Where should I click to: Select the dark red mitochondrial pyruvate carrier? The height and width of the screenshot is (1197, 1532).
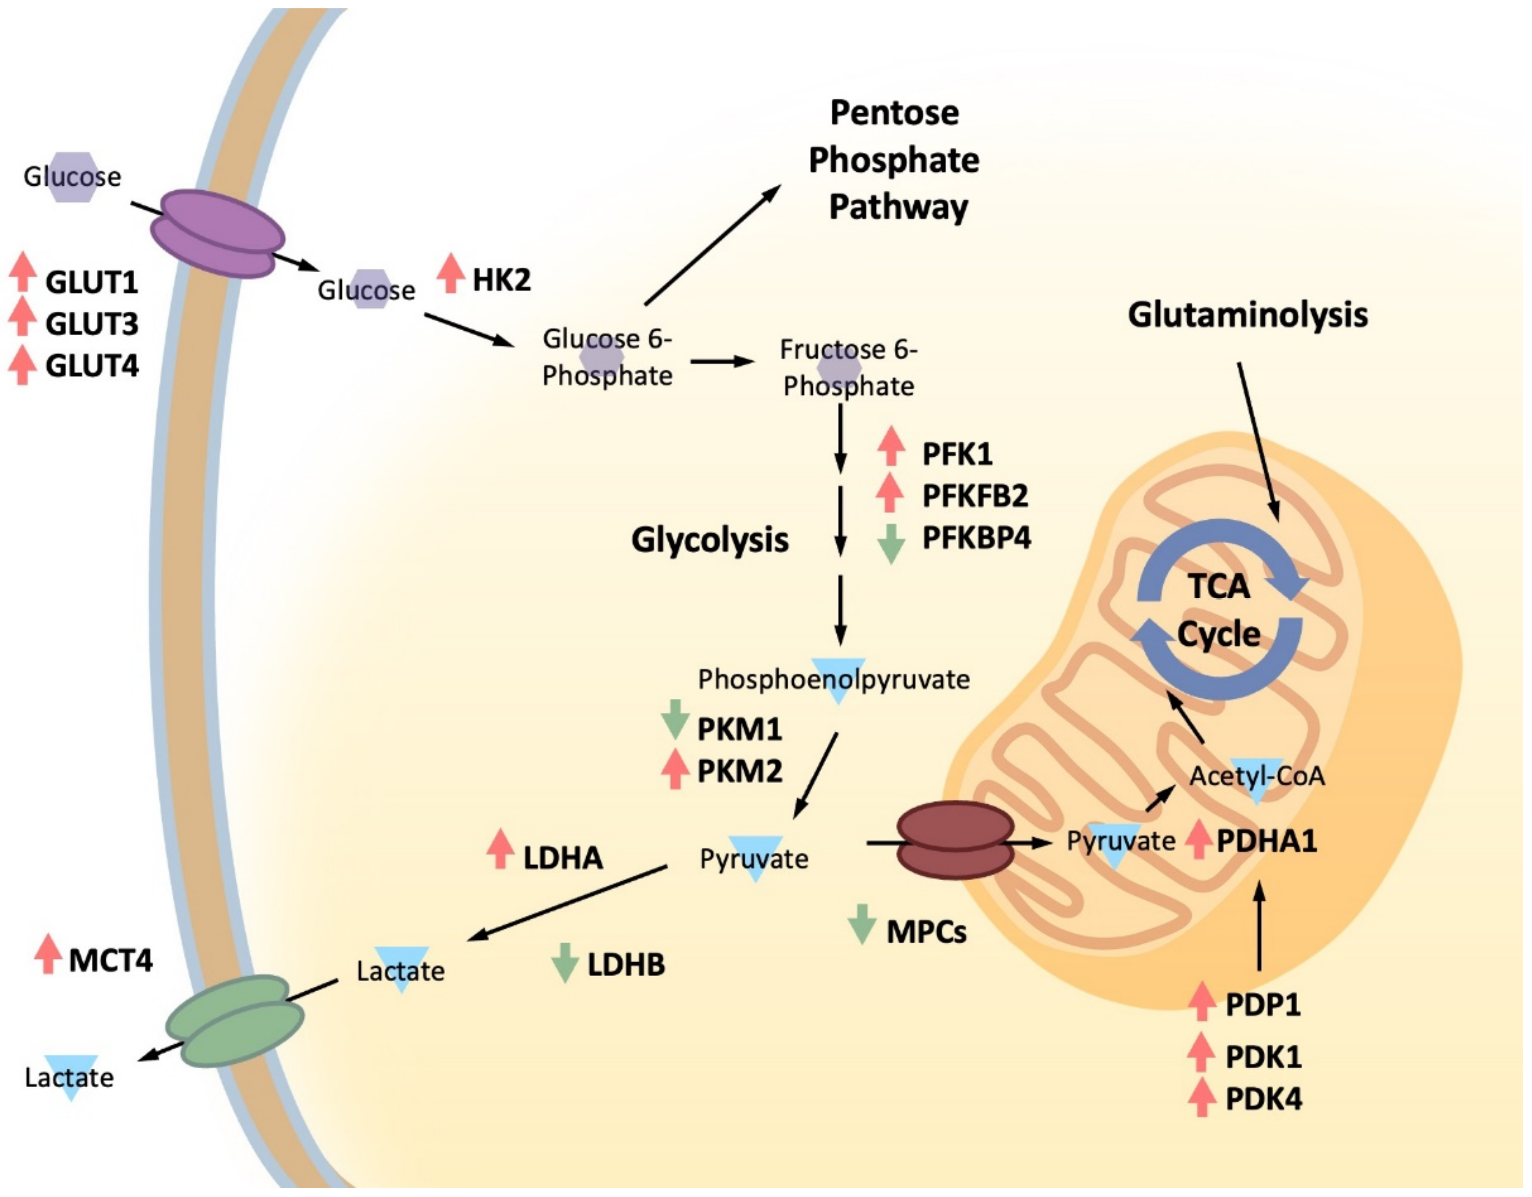coord(955,840)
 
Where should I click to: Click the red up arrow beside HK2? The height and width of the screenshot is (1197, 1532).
coord(451,274)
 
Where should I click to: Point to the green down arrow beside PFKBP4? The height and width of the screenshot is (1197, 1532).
coord(891,544)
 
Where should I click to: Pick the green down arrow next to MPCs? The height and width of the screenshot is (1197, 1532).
coord(861,924)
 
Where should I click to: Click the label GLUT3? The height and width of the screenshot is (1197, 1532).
coord(92,324)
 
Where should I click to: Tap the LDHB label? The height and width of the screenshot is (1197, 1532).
coord(626,965)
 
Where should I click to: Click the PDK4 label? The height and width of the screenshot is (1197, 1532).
coord(1262,1099)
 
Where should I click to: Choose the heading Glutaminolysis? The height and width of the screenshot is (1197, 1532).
coord(1247,315)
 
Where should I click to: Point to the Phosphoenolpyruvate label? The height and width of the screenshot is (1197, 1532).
coord(833,679)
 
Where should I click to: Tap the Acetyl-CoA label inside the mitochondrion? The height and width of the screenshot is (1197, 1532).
coord(1257,776)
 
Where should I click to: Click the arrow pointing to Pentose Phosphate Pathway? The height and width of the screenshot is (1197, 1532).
coord(711,245)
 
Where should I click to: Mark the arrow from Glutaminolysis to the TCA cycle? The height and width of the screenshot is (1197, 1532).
coord(1258,442)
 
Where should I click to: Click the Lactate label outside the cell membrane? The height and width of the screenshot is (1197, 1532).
coord(69,1078)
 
